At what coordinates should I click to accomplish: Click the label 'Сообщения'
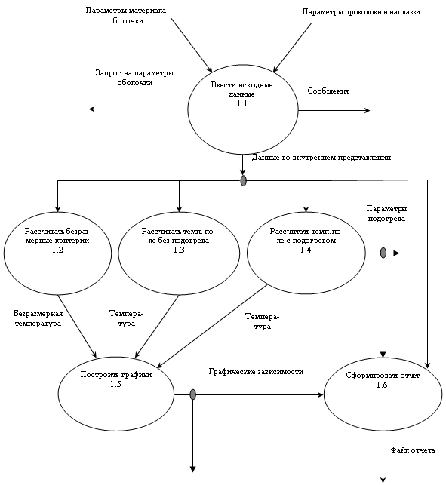[328, 91]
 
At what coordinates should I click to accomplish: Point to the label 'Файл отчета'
[413, 450]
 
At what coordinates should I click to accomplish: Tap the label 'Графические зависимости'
[256, 372]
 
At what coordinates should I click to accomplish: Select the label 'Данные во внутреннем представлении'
[321, 158]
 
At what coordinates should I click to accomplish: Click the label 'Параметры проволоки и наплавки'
[361, 12]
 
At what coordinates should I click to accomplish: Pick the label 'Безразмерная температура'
[38, 318]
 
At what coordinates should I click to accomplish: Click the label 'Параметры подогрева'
[386, 213]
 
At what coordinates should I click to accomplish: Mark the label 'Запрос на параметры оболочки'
[134, 78]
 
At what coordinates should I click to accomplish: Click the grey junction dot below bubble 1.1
[244, 180]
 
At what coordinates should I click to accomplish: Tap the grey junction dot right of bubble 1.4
[383, 253]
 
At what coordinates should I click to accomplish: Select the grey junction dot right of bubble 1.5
[193, 394]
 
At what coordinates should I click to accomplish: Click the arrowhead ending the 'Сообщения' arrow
[368, 110]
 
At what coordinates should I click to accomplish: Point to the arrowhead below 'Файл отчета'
[383, 480]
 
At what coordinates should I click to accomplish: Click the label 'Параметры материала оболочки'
[126, 16]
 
